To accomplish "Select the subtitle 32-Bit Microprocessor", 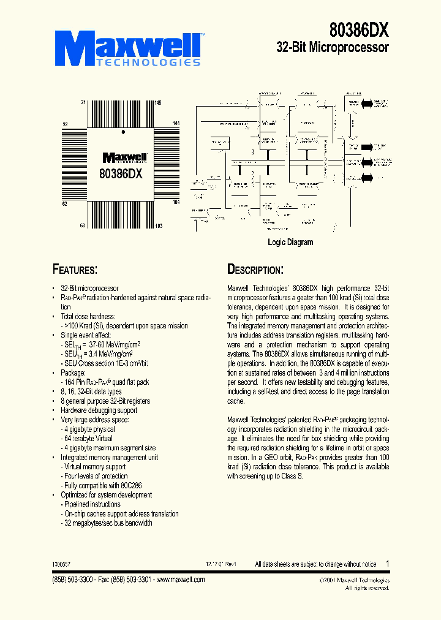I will (x=333, y=47).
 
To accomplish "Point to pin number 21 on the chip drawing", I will (x=83, y=102).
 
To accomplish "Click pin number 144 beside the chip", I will (x=176, y=124).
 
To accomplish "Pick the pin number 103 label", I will (x=159, y=226).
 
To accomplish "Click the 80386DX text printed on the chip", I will (x=121, y=173).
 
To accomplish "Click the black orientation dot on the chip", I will (x=123, y=132).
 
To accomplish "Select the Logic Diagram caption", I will (x=290, y=242).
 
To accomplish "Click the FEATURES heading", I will (x=75, y=270).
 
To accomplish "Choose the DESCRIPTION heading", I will (x=255, y=270).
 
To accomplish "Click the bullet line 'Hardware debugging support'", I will (x=99, y=410).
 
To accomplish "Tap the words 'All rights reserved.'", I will (x=366, y=588).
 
